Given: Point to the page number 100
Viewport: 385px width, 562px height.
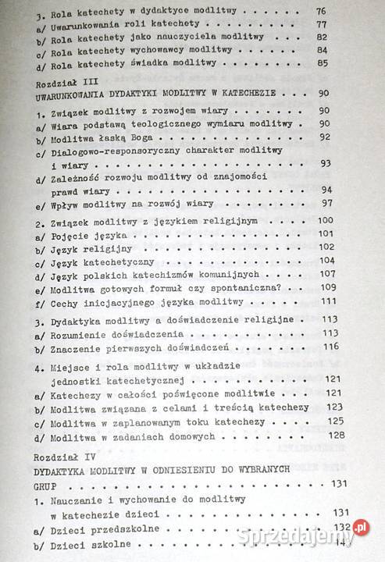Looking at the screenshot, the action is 324,221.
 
